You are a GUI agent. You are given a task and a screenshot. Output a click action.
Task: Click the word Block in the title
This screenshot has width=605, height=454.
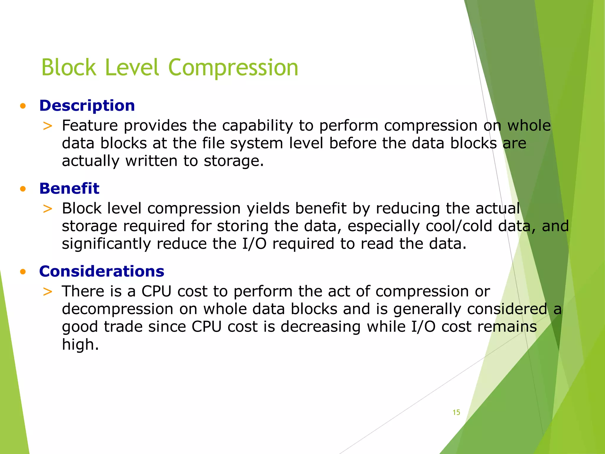coord(69,68)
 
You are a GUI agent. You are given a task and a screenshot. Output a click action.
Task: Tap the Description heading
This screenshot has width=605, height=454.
coord(87,106)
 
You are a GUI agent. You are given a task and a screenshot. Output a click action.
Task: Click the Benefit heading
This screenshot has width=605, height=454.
coord(69,188)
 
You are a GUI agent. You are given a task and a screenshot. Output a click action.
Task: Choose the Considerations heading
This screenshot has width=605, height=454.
coord(101,271)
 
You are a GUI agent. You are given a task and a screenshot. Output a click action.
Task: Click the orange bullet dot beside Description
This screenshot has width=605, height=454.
coord(23,106)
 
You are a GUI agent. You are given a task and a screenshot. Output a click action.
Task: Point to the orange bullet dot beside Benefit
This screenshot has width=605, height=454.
coord(23,189)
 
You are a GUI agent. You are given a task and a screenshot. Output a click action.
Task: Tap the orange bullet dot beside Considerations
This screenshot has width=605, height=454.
coord(23,272)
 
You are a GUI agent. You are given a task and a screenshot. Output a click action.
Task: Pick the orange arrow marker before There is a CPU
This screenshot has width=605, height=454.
coord(48,292)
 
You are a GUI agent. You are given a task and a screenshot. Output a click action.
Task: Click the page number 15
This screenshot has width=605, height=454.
coord(456,412)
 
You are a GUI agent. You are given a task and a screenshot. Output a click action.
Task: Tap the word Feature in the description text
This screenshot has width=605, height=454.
coord(90,126)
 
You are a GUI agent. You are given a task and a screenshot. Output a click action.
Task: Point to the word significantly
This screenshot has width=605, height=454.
coord(106,244)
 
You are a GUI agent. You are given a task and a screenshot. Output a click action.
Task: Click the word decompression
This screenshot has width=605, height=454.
coord(117,309)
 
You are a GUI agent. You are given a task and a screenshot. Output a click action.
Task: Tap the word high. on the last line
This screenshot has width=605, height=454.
coord(80,345)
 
